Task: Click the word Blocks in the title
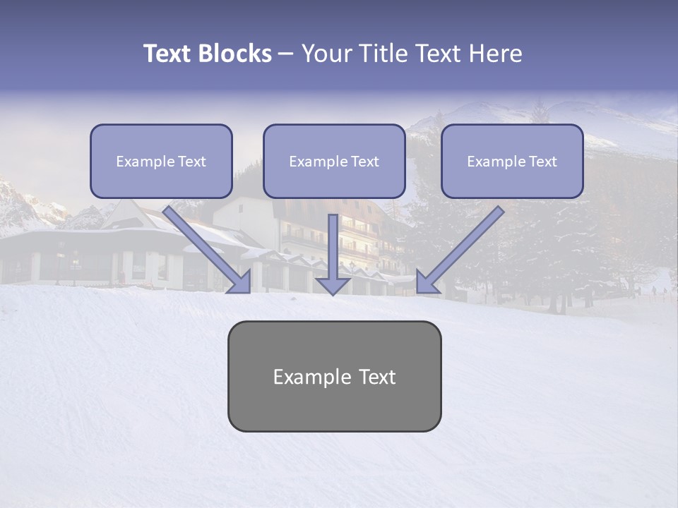[234, 54]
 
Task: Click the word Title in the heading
[379, 54]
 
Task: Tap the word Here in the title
[495, 54]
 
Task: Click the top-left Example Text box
[161, 161]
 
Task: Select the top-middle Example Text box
[334, 161]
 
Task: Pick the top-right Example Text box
[512, 161]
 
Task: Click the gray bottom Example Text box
[334, 377]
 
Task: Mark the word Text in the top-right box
[543, 162]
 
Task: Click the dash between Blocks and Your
[286, 54]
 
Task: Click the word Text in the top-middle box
[365, 162]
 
